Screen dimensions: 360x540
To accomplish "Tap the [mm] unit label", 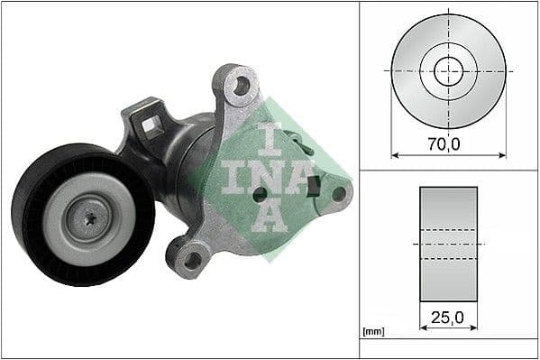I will [372, 333].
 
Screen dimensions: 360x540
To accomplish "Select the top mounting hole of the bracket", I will [240, 87].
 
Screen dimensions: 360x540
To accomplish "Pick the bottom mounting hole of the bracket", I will [190, 261].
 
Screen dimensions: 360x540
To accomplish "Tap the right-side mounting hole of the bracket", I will [339, 192].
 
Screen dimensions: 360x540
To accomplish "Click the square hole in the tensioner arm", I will [152, 125].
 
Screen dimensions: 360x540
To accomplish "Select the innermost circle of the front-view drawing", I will [448, 70].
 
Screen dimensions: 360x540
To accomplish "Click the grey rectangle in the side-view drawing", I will [448, 244].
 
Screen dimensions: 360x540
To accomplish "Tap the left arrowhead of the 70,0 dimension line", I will [394, 154].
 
